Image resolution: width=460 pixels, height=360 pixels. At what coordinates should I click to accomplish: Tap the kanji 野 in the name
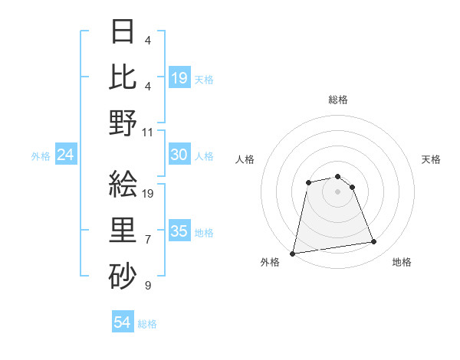coord(123,123)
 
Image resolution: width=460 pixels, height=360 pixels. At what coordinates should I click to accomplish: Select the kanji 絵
coord(123,185)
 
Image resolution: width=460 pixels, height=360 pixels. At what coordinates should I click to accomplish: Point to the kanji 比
coord(123,77)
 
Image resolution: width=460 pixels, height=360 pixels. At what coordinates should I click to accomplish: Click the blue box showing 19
coord(179,77)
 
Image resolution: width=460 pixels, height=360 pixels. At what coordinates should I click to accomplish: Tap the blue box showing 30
coord(179,155)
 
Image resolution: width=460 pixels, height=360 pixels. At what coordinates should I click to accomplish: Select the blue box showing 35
coord(179,231)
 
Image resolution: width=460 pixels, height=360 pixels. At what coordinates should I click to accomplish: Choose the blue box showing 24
coord(66,155)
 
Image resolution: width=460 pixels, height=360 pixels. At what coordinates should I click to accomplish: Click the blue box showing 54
coord(123,322)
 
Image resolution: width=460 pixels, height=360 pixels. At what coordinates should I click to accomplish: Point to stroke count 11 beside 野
coord(149,132)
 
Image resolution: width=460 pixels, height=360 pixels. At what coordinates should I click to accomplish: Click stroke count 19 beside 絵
coord(149,194)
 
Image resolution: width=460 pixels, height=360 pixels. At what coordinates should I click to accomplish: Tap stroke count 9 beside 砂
coord(148,286)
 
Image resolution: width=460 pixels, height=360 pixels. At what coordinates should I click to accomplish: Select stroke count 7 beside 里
coord(148,240)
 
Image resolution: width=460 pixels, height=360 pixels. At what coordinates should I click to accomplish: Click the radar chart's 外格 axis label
coord(270,262)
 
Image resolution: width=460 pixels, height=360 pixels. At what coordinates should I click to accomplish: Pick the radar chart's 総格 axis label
coord(337,100)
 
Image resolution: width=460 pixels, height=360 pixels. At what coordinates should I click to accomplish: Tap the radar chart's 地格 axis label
coord(402,262)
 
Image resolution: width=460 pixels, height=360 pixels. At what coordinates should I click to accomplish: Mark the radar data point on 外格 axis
coord(293,253)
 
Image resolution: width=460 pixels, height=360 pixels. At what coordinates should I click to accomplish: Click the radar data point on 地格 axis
coord(374,242)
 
